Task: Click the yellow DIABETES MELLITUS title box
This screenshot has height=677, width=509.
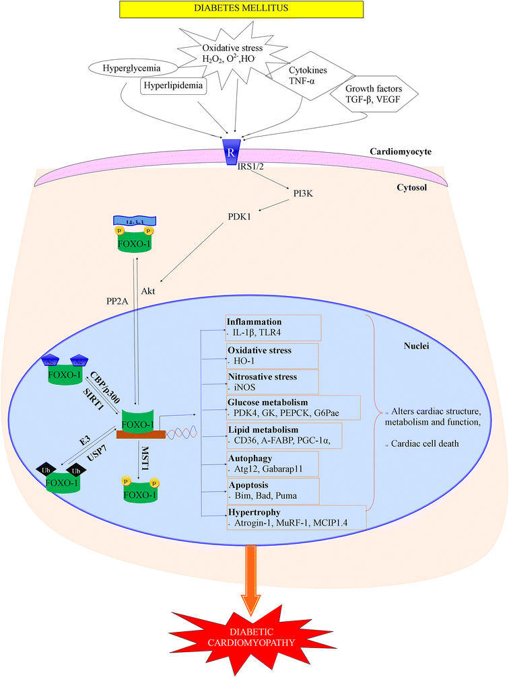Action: tap(254, 9)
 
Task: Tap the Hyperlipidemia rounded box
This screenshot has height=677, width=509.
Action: tap(173, 87)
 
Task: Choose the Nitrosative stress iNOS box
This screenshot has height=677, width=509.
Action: tap(273, 382)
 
